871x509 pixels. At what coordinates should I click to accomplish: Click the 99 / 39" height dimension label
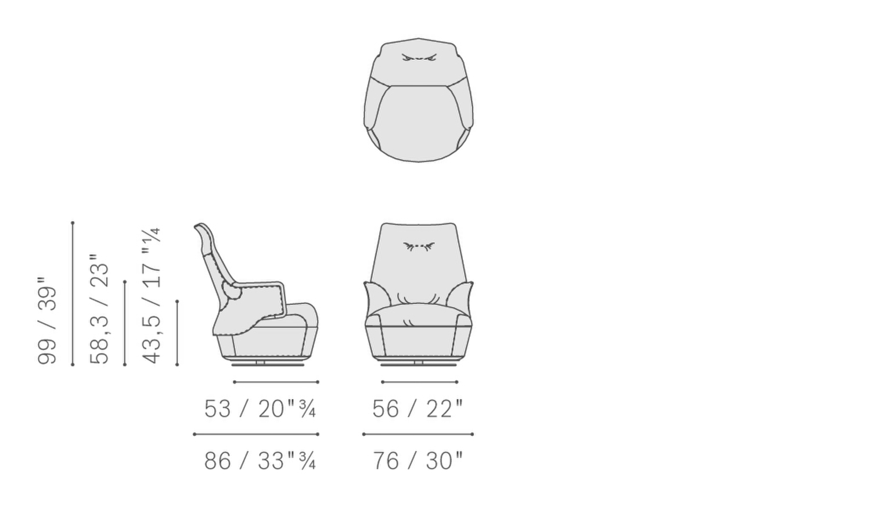(46, 321)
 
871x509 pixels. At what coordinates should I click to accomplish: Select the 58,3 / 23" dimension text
(99, 309)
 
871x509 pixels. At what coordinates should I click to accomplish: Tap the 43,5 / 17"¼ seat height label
(151, 296)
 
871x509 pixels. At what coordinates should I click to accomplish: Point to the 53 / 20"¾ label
(260, 409)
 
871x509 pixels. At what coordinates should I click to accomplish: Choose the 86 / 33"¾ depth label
(260, 461)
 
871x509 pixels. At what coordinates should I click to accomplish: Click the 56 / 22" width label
(418, 409)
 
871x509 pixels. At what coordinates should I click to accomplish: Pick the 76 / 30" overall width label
(418, 461)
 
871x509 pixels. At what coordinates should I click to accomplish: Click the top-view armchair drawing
(419, 100)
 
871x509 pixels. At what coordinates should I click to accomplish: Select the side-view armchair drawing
(256, 295)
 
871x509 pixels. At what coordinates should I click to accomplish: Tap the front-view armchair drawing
(419, 295)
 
